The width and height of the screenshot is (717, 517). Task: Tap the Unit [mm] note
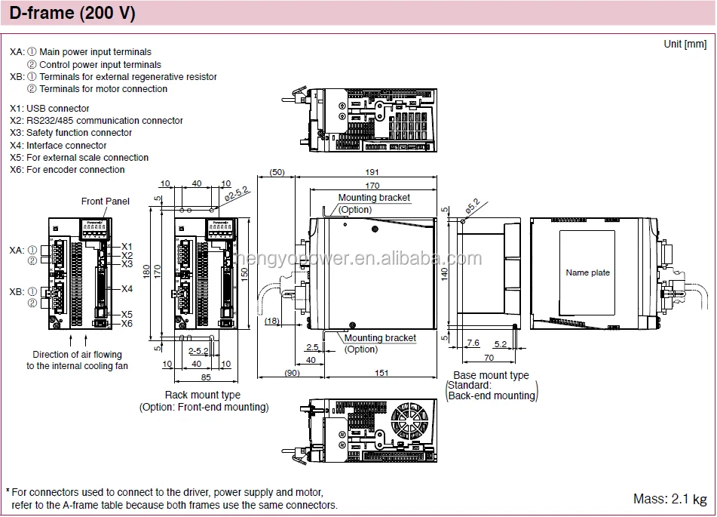[685, 44]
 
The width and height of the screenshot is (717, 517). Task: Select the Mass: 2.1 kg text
[670, 499]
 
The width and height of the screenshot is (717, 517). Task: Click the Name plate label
[588, 272]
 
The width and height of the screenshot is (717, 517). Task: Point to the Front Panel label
[106, 202]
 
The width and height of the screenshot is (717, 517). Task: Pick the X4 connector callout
[127, 289]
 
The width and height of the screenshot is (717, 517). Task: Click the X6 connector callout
[127, 324]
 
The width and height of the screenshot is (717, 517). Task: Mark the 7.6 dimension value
[473, 343]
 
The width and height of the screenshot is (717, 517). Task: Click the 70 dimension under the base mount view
[489, 358]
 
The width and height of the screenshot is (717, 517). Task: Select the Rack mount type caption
[203, 395]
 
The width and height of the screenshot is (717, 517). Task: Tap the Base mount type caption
[491, 375]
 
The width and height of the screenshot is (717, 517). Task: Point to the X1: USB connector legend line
[50, 109]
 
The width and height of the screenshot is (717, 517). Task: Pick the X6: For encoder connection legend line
[67, 170]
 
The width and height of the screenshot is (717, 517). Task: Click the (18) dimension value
[272, 322]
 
